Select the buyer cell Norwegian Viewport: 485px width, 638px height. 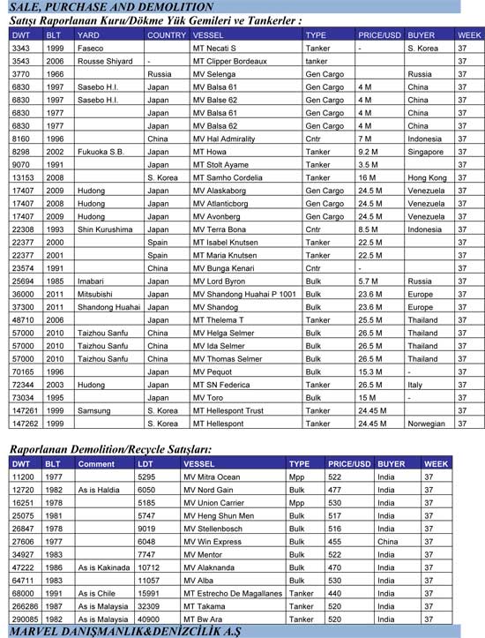click(x=428, y=424)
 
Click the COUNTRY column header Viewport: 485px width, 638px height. click(x=167, y=35)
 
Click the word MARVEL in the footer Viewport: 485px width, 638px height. click(x=36, y=630)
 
